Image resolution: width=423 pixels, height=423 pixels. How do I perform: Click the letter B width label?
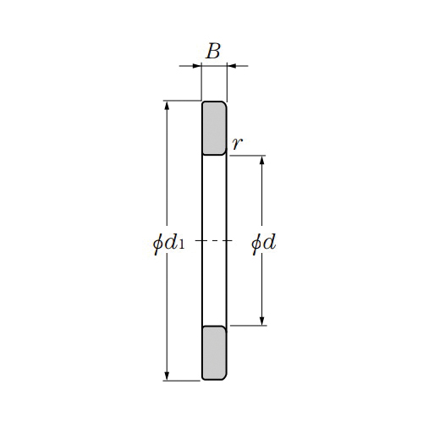213,52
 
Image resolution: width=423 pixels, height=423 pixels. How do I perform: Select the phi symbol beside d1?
157,244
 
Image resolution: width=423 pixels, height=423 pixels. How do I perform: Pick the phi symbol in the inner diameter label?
256,244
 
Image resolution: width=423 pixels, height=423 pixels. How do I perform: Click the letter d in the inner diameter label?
270,243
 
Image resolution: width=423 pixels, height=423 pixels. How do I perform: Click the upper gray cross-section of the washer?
214,128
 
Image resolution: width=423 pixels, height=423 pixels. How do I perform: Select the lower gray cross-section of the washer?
214,353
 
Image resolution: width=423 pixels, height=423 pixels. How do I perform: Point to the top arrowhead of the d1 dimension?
167,106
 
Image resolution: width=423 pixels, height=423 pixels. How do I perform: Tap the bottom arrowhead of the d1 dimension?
167,376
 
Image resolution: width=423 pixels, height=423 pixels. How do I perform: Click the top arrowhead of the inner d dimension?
262,161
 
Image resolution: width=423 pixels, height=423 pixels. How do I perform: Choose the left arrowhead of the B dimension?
196,65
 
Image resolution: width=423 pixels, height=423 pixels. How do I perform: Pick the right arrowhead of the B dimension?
232,65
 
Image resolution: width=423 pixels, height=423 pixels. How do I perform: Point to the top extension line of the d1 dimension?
182,101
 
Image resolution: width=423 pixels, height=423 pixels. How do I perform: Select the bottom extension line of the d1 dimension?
182,381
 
